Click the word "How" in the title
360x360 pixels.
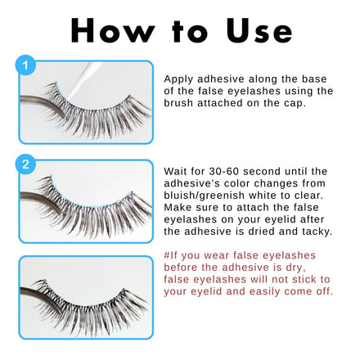click(x=113, y=30)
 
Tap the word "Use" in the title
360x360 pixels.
click(x=259, y=30)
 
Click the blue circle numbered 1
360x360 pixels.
click(x=25, y=65)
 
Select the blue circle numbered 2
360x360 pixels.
click(x=25, y=164)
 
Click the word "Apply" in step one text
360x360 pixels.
click(x=178, y=79)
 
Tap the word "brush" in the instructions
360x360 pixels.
click(x=178, y=103)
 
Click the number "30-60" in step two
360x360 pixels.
click(x=224, y=172)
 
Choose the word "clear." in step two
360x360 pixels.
click(x=308, y=196)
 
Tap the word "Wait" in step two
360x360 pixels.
click(x=175, y=172)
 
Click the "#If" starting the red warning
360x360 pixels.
click(x=170, y=255)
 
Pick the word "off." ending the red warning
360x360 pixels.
click(x=325, y=291)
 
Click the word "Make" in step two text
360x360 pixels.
click(x=178, y=208)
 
